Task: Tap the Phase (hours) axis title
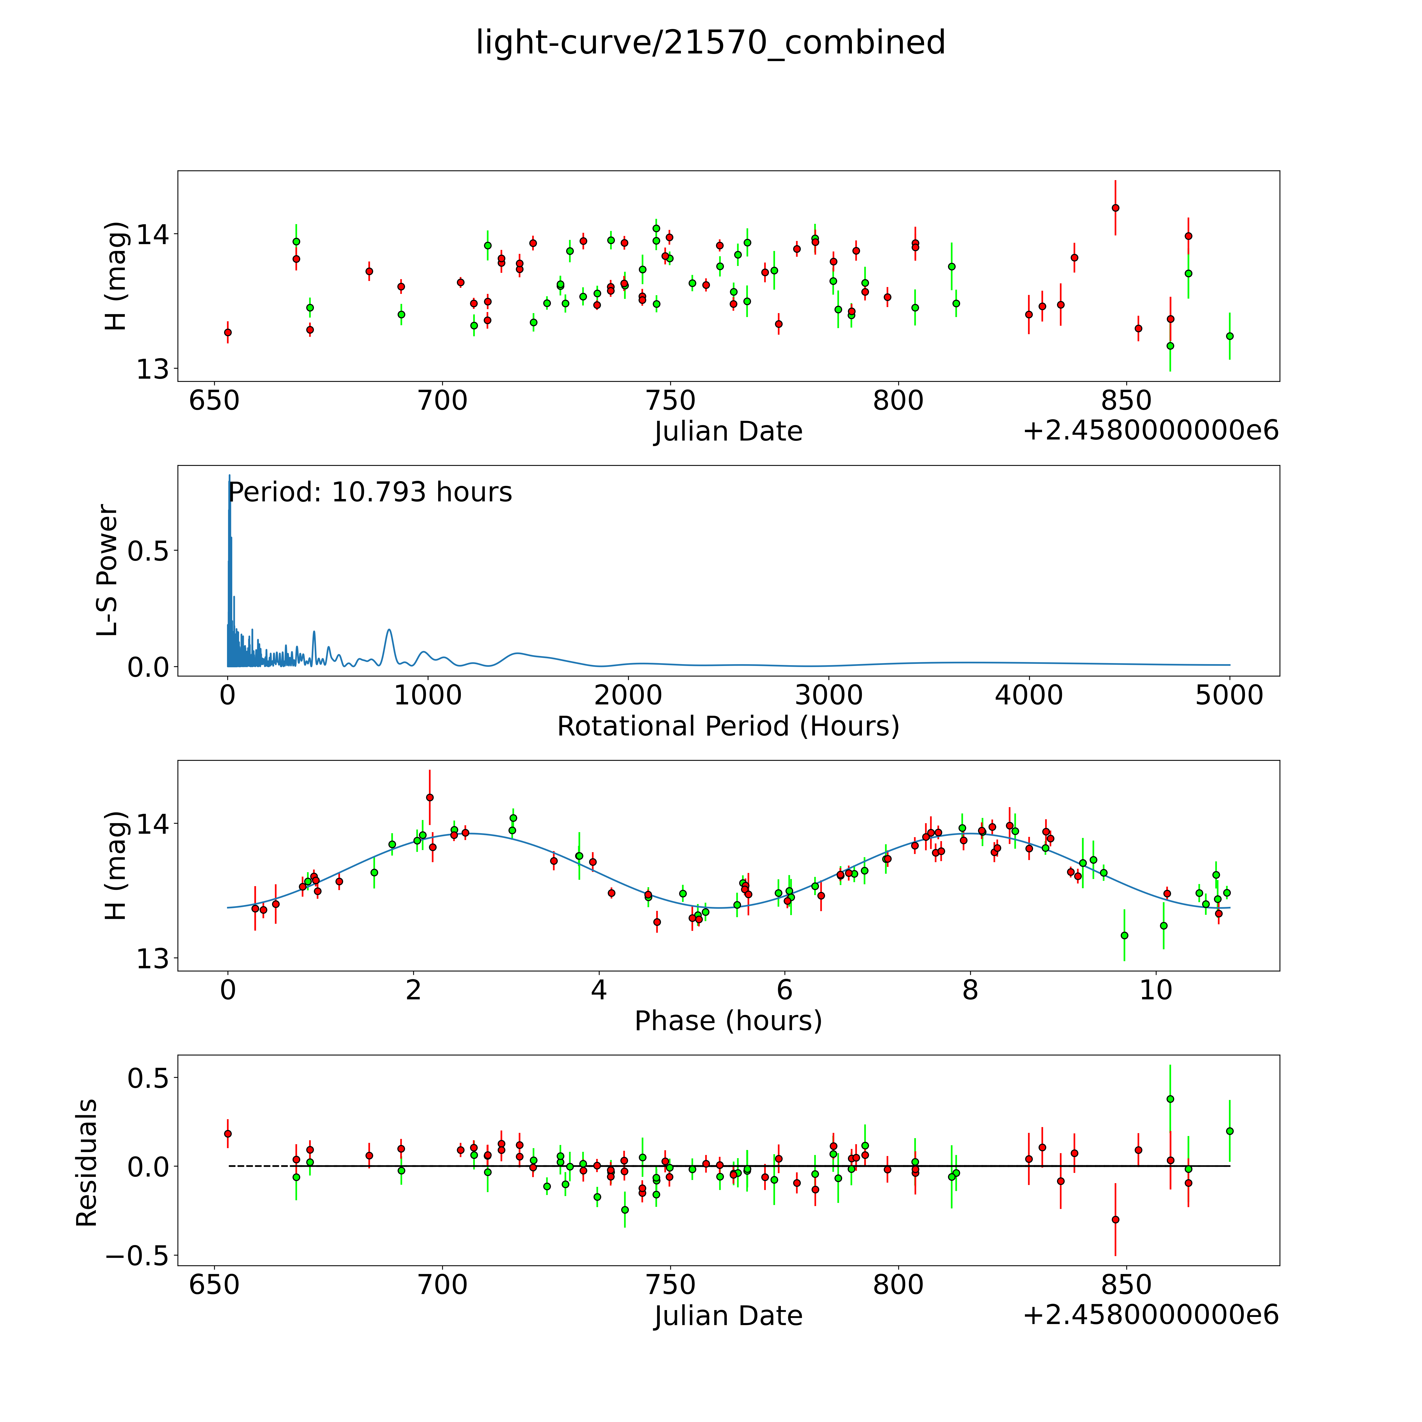pos(728,1021)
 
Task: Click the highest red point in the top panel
pos(1115,208)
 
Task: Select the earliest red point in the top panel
pos(228,332)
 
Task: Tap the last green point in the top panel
pos(1229,336)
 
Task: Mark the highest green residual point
pos(1170,1099)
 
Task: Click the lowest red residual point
pos(1115,1219)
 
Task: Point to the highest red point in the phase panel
pos(430,797)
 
